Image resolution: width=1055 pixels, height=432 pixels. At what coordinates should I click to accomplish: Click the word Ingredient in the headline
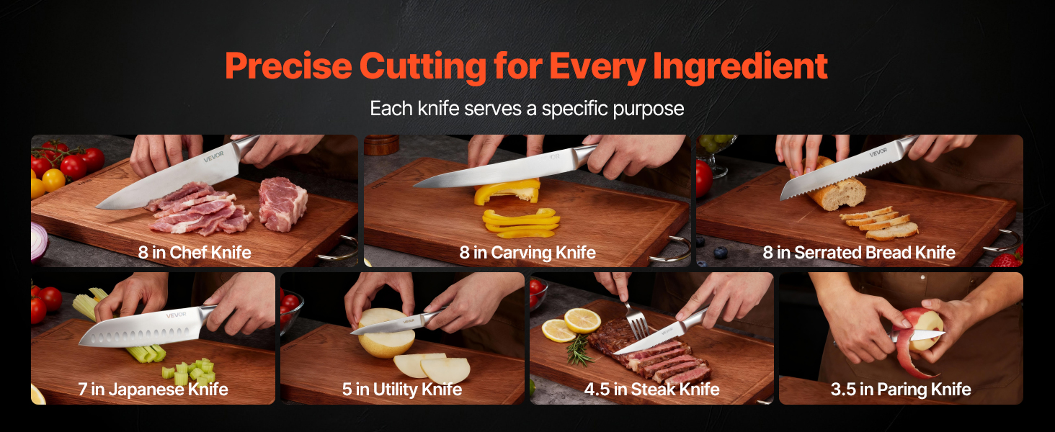(740, 67)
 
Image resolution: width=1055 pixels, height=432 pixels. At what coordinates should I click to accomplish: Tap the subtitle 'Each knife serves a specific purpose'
(527, 109)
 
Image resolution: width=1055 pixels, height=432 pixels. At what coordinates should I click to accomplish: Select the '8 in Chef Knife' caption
(195, 253)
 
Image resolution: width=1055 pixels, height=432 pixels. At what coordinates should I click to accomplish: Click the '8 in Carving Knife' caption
(527, 253)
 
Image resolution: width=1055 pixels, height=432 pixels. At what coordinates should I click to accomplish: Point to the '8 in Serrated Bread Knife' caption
(859, 253)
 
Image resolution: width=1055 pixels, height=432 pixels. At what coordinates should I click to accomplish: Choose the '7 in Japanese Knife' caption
(153, 390)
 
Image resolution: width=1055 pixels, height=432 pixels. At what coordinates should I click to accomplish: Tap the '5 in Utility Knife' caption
(401, 390)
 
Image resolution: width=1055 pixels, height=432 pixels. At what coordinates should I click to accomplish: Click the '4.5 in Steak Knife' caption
(652, 390)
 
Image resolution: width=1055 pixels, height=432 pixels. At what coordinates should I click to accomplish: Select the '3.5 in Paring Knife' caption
(901, 390)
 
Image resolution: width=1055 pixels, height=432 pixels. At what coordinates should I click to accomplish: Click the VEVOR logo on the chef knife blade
(214, 157)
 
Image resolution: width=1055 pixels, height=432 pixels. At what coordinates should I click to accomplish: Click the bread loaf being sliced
(834, 186)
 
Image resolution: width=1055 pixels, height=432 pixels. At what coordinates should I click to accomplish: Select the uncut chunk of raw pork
(282, 203)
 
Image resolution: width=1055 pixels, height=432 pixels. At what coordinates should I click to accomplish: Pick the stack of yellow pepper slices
(521, 222)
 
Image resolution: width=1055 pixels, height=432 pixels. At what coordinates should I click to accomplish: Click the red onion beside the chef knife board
(39, 242)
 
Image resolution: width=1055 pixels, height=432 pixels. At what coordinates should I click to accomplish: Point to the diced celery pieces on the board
(190, 372)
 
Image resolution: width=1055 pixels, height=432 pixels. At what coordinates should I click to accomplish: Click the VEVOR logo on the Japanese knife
(176, 315)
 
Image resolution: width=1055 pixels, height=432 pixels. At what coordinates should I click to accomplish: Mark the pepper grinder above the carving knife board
(381, 145)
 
